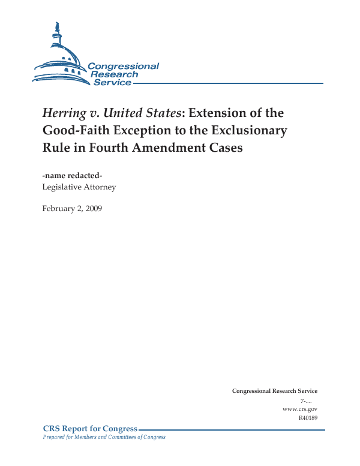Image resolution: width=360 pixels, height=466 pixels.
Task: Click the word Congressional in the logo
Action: coord(123,66)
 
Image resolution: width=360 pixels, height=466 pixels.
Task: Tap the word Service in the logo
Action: coord(112,82)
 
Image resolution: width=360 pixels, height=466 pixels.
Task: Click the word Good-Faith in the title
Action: coord(73,130)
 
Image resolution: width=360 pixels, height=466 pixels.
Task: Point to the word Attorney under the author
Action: coord(98,187)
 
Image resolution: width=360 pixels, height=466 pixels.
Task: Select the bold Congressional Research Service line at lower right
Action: coord(275,391)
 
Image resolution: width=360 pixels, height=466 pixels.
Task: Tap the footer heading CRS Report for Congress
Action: coord(91,429)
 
